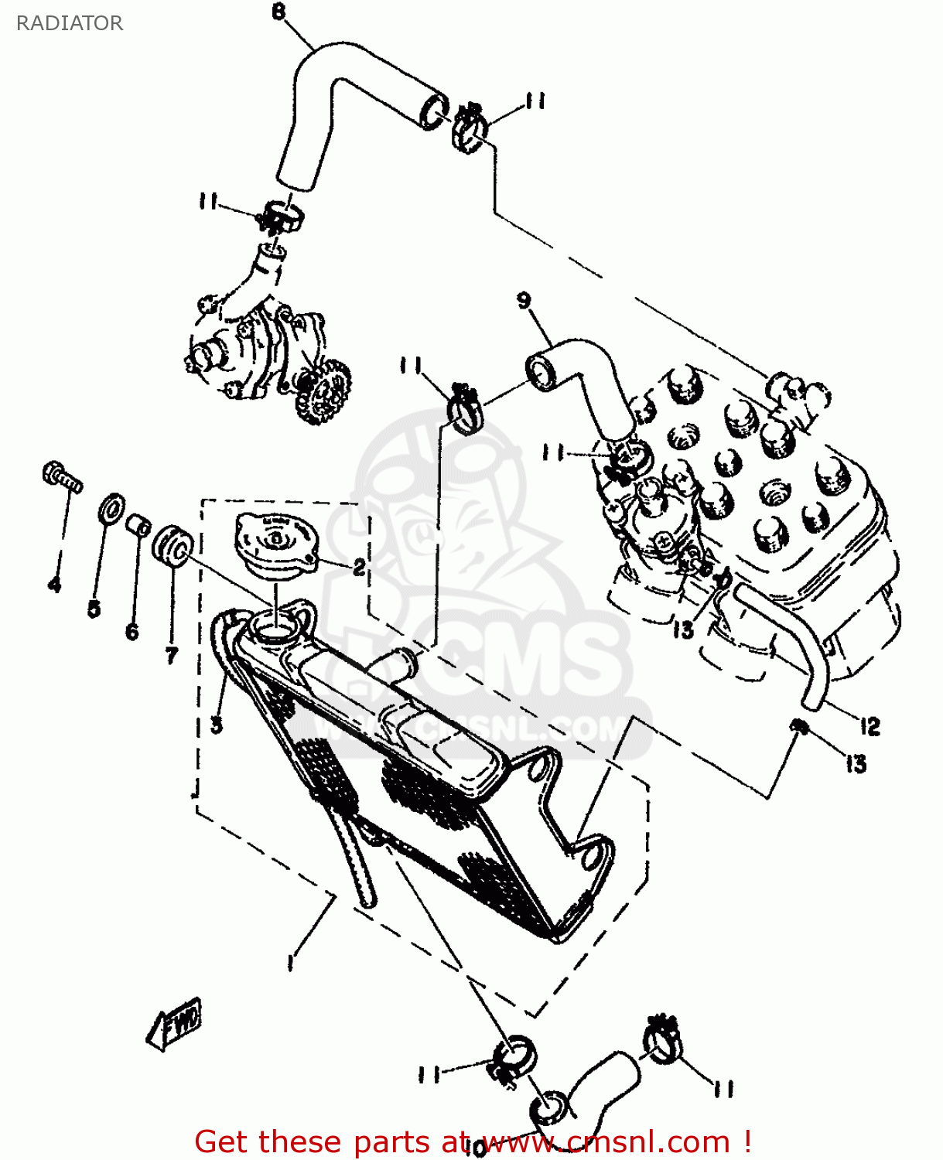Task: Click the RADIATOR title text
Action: (x=70, y=23)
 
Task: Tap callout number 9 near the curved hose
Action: (x=524, y=300)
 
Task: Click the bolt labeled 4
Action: (x=60, y=476)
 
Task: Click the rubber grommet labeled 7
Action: (x=171, y=546)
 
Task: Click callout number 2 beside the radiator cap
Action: (x=359, y=568)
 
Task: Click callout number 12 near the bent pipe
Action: (x=870, y=726)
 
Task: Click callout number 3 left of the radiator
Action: (x=217, y=725)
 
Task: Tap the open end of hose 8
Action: (x=433, y=112)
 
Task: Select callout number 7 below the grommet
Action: (x=171, y=656)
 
